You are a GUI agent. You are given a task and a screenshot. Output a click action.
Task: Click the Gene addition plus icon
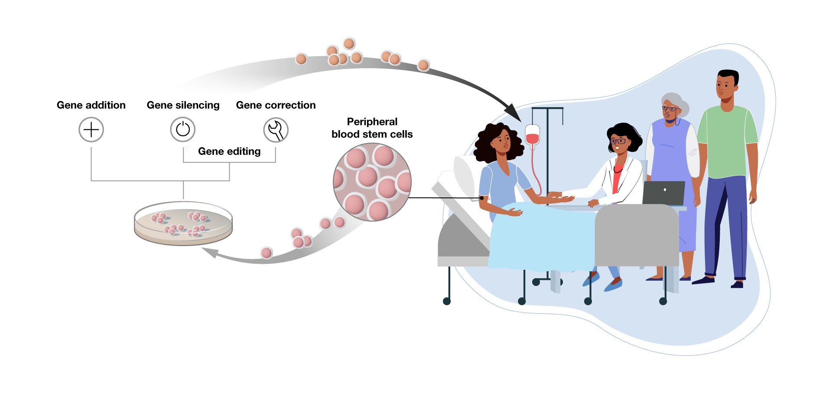tap(91, 130)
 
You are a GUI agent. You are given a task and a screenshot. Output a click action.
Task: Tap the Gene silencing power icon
tap(183, 129)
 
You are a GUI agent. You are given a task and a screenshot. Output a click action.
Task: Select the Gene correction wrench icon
tap(276, 130)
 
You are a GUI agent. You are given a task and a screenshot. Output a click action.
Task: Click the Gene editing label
tap(229, 151)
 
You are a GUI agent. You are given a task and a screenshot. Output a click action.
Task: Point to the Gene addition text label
tap(91, 105)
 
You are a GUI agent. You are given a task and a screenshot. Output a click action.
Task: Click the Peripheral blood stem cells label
tap(372, 128)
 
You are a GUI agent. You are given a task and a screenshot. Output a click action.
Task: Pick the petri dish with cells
tap(183, 223)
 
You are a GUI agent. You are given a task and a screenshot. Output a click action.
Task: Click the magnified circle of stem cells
tap(372, 182)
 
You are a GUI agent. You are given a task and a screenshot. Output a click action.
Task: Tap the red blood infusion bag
tap(532, 135)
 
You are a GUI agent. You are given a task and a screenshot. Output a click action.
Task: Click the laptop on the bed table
tap(663, 193)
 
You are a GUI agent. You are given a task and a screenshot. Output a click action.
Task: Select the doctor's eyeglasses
tap(618, 141)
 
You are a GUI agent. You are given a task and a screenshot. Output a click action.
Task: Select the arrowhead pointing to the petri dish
tap(210, 253)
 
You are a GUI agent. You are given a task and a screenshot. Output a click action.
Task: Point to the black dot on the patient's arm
tap(481, 198)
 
